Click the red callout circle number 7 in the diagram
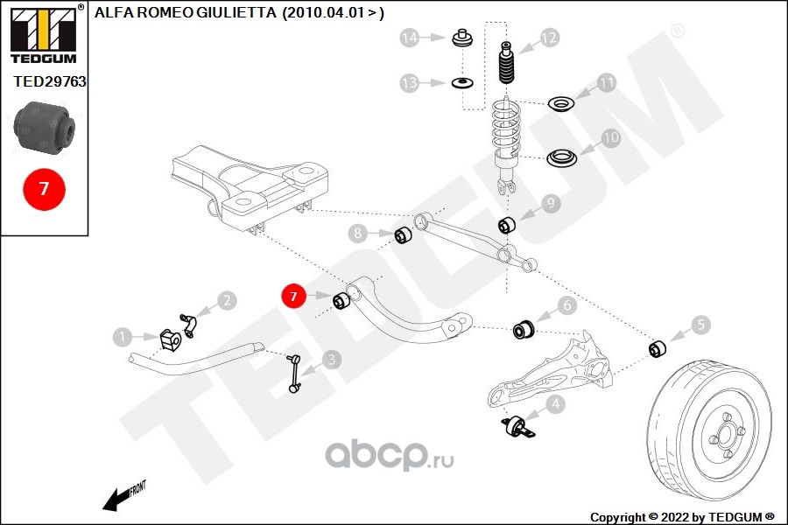293,297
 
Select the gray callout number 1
123,335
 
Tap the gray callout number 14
409,38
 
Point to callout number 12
548,38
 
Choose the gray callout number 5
700,325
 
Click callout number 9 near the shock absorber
549,203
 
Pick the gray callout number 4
553,404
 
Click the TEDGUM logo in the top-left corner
42,33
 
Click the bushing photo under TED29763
45,124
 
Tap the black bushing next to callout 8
404,235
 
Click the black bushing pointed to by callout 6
524,328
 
